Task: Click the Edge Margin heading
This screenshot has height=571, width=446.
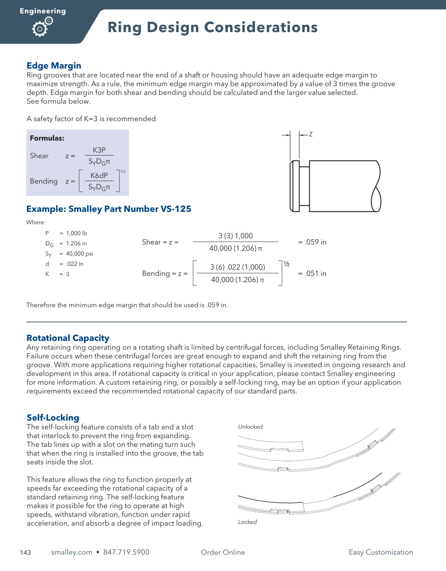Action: coord(54,66)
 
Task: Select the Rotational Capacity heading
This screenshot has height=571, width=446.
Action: coord(68,338)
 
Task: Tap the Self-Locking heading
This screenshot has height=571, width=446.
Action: coord(53,417)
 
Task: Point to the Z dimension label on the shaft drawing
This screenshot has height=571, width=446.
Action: coord(311,134)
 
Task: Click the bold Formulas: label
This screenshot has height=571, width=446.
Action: coord(47,138)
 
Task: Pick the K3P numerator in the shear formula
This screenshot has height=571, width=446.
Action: coord(99,150)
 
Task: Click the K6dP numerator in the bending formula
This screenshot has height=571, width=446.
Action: coord(99,175)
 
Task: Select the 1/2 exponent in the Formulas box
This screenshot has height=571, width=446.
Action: coord(123,171)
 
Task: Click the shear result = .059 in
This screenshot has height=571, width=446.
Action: coord(312,242)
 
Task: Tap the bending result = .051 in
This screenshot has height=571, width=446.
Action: coord(312,273)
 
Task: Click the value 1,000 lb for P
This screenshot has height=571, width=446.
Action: coord(77,233)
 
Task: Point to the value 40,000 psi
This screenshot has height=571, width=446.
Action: coord(79,254)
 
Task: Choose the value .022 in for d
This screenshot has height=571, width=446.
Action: coord(74,264)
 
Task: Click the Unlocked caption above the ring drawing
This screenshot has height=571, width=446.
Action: coord(250,427)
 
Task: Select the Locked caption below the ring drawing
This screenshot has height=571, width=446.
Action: coord(247,522)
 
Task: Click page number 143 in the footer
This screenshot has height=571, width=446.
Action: coord(26,552)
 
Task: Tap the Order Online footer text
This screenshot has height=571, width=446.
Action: coord(223,552)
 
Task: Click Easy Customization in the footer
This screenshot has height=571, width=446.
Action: coord(381,552)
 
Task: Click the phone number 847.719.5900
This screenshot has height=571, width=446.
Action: coord(126,552)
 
